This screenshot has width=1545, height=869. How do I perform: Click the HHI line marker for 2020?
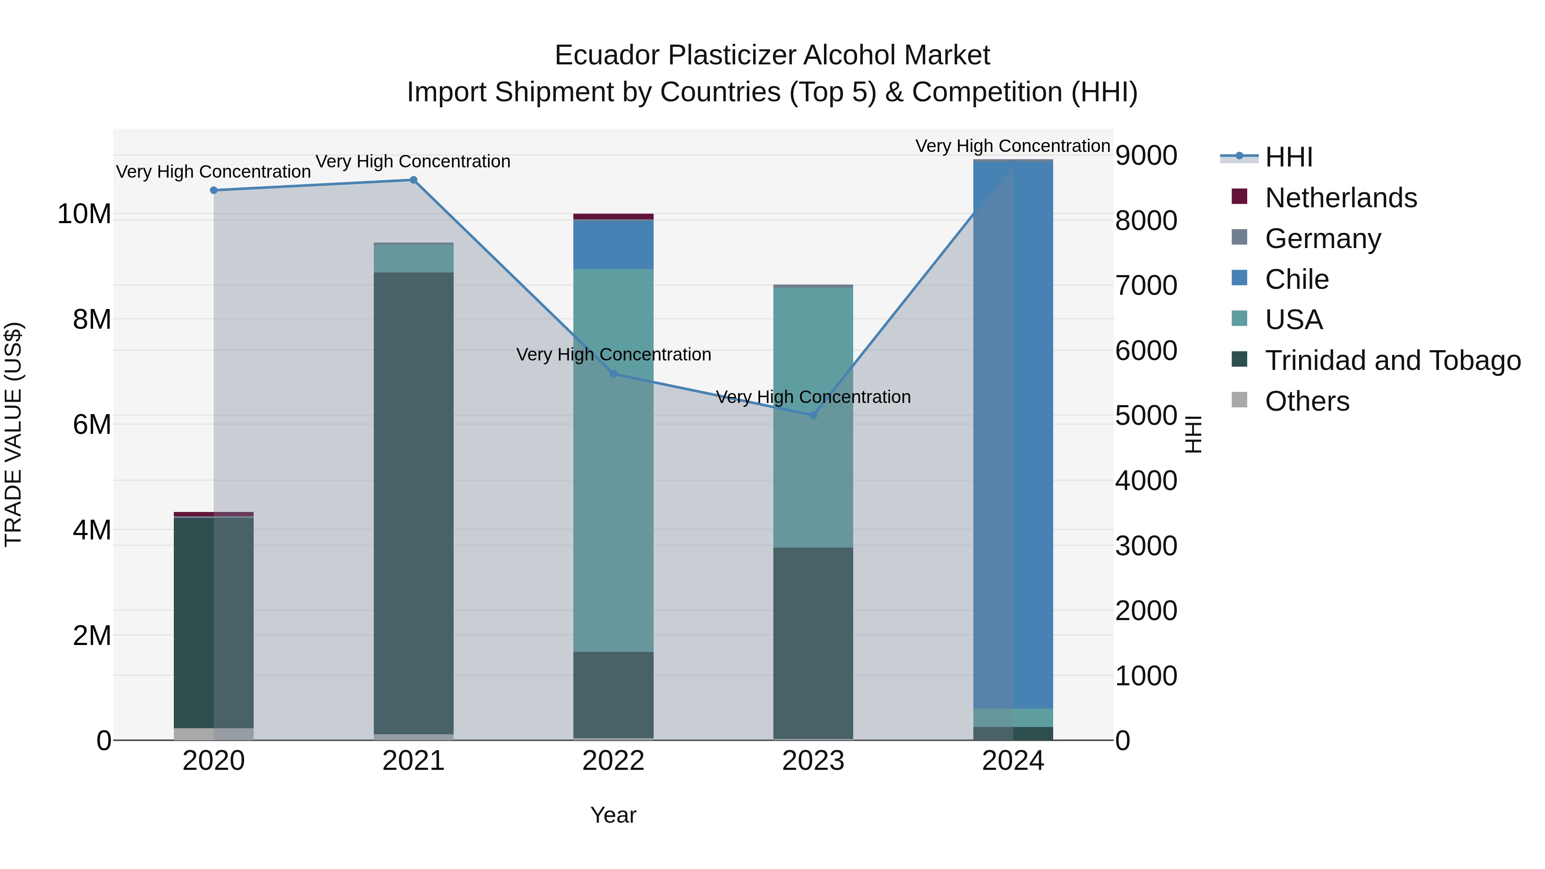tap(214, 190)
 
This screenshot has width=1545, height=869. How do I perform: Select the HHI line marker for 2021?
tap(413, 180)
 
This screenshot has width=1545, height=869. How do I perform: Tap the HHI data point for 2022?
tap(613, 374)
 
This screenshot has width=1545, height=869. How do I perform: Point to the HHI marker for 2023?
tap(813, 415)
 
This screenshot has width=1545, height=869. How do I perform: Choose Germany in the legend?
tap(1323, 239)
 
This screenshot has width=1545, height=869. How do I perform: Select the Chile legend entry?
tap(1297, 279)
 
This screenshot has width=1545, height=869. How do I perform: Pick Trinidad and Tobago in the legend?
tap(1393, 360)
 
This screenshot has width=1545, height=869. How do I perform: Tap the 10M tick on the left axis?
tap(85, 214)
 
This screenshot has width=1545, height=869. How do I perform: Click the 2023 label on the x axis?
tap(813, 761)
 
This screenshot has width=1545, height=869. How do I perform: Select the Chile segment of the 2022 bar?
tap(613, 245)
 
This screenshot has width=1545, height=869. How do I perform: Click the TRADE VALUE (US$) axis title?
tap(13, 434)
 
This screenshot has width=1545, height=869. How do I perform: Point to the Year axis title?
tap(613, 815)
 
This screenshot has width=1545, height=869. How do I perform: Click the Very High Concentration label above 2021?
tap(413, 161)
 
